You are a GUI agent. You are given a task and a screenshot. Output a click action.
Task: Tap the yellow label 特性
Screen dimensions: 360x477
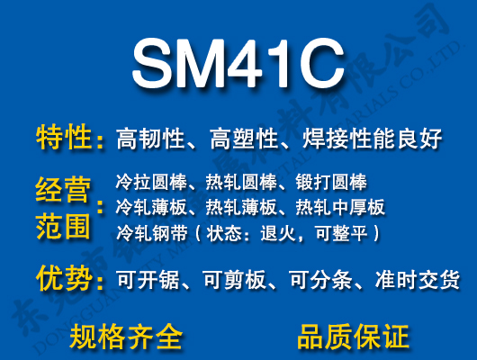click(x=64, y=138)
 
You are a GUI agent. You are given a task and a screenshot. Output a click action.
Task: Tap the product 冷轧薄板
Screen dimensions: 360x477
click(x=148, y=208)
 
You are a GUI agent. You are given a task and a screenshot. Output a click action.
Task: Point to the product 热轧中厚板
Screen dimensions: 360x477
click(x=340, y=208)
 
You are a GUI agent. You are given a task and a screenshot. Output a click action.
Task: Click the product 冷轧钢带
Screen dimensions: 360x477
click(x=148, y=234)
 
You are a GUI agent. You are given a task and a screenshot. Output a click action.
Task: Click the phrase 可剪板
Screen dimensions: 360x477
click(x=236, y=280)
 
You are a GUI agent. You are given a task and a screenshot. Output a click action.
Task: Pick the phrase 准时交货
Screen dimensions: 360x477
click(x=418, y=280)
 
